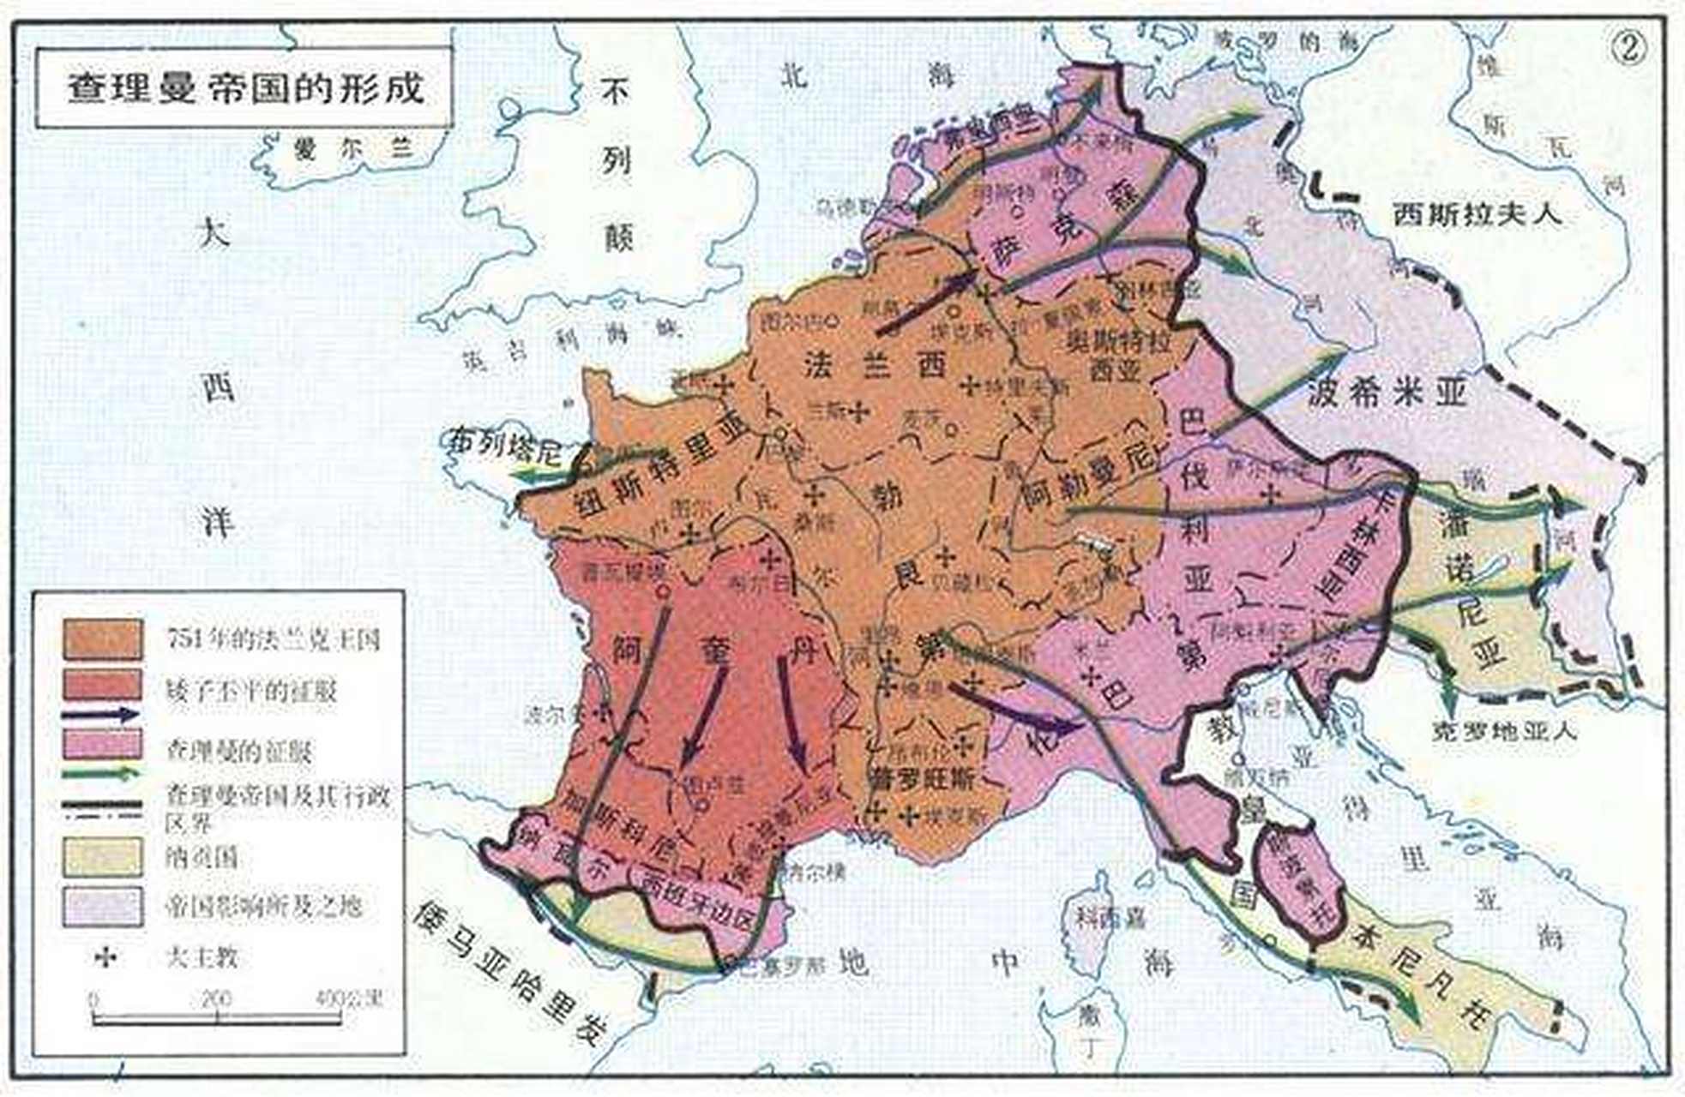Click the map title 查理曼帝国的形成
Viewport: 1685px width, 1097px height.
click(244, 87)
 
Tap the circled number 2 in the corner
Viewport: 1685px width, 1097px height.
click(1628, 49)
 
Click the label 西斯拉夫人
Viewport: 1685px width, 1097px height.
click(1477, 213)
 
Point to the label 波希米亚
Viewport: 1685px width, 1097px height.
click(1387, 393)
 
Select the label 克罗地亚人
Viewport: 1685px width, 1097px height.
click(1504, 731)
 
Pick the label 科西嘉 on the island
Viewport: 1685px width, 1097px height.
click(1112, 918)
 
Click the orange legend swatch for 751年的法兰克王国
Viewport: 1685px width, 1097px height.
click(103, 639)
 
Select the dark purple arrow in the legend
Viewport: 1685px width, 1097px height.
click(100, 715)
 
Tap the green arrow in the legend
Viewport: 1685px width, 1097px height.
click(100, 773)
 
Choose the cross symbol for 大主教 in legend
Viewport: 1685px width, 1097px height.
click(104, 956)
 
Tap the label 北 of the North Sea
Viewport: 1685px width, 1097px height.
click(793, 75)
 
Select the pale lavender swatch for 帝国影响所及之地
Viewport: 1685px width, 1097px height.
click(103, 906)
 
